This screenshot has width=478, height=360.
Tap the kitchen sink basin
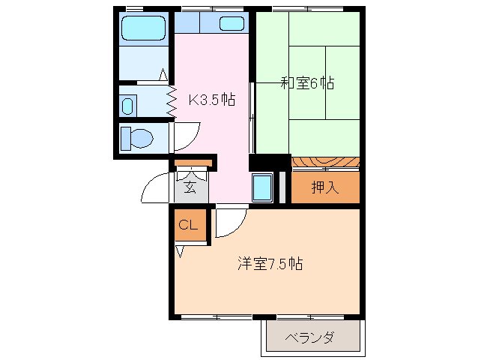click(x=232, y=23)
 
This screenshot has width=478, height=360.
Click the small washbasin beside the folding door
click(x=127, y=104)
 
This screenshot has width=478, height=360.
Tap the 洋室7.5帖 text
click(x=270, y=264)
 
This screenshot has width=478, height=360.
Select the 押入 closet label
click(x=325, y=187)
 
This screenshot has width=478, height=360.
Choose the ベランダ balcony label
click(x=309, y=337)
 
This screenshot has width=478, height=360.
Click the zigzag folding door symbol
click(x=171, y=97)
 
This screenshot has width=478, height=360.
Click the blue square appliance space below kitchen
click(x=261, y=187)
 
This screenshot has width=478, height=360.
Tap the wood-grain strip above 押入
click(x=325, y=163)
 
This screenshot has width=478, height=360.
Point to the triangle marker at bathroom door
click(x=163, y=74)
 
